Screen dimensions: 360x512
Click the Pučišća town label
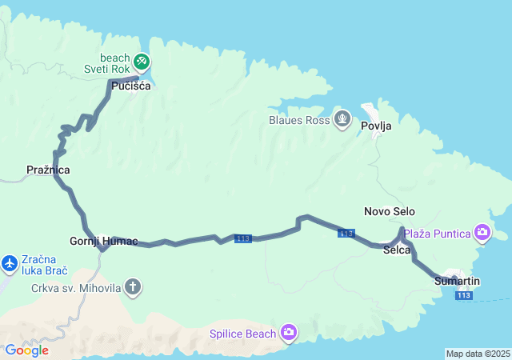tap(131, 86)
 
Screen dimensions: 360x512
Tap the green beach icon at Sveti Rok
tap(142, 61)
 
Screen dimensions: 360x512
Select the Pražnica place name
tap(48, 170)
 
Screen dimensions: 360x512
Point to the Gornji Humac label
tap(104, 241)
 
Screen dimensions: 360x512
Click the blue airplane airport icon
tap(10, 262)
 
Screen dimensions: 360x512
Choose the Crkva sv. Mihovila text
tap(76, 287)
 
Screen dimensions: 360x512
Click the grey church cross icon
tap(133, 286)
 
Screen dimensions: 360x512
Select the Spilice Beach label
tap(242, 333)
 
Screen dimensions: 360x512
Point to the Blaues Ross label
tap(300, 120)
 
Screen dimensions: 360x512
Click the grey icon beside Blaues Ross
tap(342, 119)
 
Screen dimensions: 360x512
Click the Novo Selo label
tap(390, 211)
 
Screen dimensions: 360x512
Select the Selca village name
tap(397, 250)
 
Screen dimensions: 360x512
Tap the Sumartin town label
tap(458, 281)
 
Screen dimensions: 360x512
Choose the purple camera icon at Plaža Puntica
tap(482, 233)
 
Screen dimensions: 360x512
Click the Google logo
tap(26, 350)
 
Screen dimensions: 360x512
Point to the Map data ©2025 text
tap(477, 354)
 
